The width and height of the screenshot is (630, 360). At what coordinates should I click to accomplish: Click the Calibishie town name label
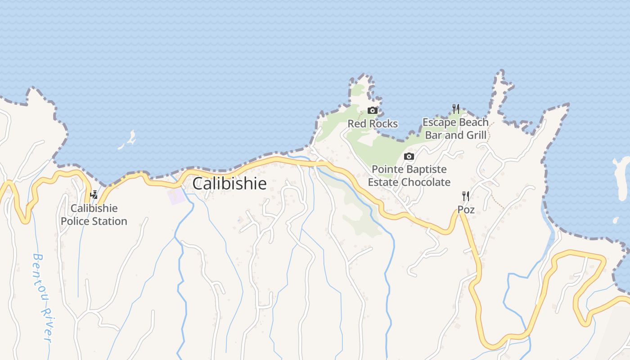[x=229, y=184]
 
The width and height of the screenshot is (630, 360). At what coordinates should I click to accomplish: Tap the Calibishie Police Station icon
[x=94, y=195]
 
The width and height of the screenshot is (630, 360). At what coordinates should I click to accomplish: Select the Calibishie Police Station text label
[x=94, y=215]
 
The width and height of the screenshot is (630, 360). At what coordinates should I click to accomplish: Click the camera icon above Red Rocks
[x=373, y=111]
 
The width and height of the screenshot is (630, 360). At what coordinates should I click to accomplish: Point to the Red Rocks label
[x=373, y=124]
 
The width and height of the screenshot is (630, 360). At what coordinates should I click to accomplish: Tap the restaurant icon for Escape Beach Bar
[x=456, y=109]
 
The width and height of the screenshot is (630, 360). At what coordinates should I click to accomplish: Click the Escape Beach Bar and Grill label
[x=455, y=129]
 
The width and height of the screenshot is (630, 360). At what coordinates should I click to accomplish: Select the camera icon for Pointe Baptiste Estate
[x=409, y=157]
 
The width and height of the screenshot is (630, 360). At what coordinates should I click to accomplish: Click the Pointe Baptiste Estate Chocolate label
[x=409, y=176]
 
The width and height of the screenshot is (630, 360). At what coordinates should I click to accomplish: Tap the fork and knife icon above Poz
[x=466, y=196]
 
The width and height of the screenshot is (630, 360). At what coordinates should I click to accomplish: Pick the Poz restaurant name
[x=466, y=210]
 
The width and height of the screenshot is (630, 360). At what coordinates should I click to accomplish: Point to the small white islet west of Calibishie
[x=129, y=139]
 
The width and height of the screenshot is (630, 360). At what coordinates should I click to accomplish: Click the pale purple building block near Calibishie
[x=176, y=196]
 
